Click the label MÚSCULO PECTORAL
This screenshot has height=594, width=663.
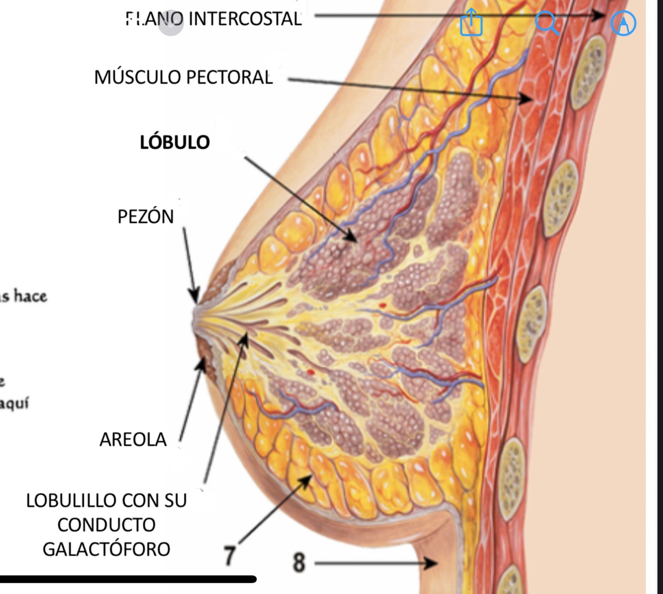click(x=183, y=77)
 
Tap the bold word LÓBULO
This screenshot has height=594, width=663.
click(x=174, y=142)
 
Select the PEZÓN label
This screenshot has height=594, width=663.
click(x=146, y=216)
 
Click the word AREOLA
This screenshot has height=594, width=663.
click(x=133, y=439)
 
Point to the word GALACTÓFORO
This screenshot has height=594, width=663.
click(x=106, y=549)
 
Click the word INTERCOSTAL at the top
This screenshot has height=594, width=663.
click(x=245, y=19)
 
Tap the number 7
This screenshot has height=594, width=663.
click(x=229, y=556)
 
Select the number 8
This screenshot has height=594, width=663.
click(x=299, y=562)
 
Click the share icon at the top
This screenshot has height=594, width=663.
click(x=471, y=22)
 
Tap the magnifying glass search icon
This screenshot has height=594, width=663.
click(x=547, y=22)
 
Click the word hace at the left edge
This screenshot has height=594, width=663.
click(x=30, y=296)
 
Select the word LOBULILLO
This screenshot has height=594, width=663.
click(x=75, y=500)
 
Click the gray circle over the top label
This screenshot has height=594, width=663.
click(x=171, y=23)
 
